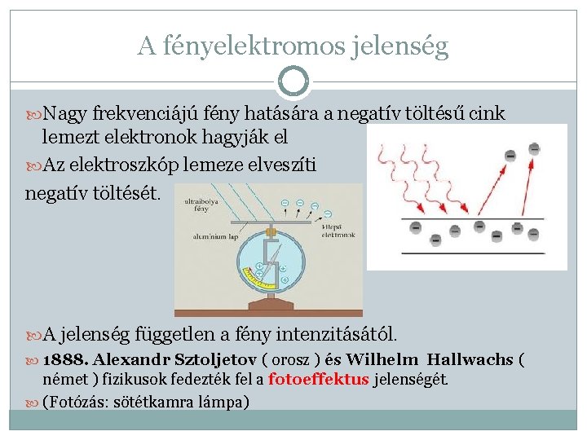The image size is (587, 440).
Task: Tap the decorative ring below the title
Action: [293, 81]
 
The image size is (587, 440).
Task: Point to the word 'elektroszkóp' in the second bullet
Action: [152, 165]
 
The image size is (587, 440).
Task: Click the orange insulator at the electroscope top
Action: [268, 231]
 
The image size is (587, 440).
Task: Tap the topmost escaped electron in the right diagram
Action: [534, 147]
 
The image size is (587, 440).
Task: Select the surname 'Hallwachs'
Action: [471, 360]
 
